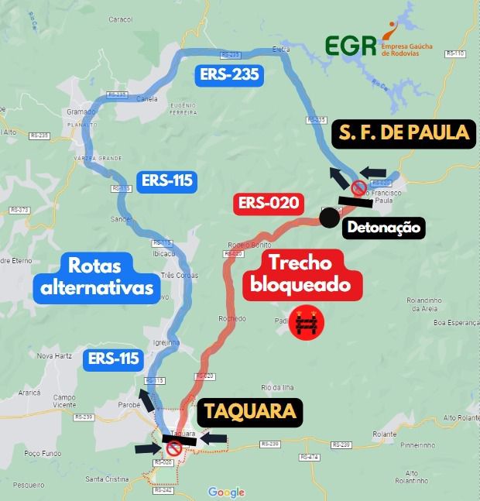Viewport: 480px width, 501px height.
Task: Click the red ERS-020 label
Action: coord(269,204)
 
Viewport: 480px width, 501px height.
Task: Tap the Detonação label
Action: coord(383,228)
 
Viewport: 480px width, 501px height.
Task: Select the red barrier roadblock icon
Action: coord(306,326)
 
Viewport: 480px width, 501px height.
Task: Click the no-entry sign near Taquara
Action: coord(174,447)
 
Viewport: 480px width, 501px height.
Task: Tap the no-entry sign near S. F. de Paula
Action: coord(358,188)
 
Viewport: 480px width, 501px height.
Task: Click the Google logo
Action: coord(226,492)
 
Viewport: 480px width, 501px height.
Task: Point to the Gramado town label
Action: coord(81,112)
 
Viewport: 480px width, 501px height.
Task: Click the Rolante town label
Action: coord(384,434)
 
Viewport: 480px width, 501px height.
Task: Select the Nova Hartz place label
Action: coord(54,356)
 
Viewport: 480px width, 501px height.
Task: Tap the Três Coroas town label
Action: coord(178,274)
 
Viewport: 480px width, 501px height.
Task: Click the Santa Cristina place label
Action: coord(107,479)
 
